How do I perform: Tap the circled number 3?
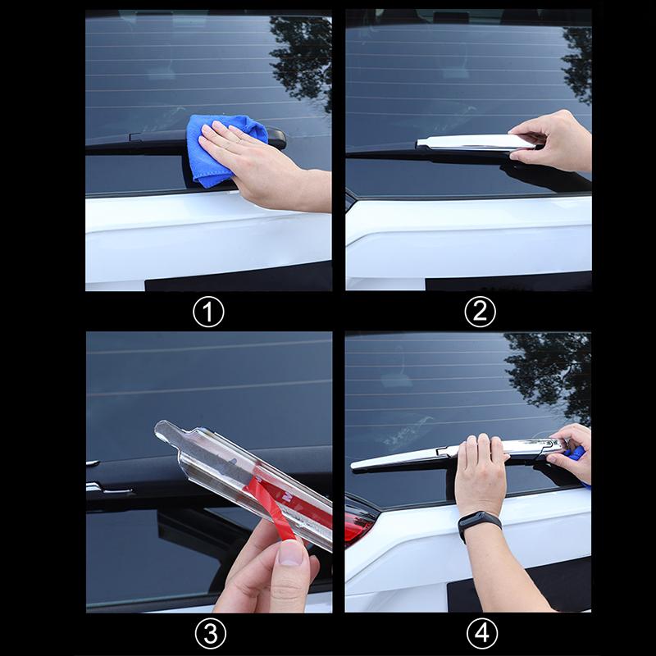(207, 632)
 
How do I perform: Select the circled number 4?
(480, 632)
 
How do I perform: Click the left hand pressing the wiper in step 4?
(480, 476)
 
